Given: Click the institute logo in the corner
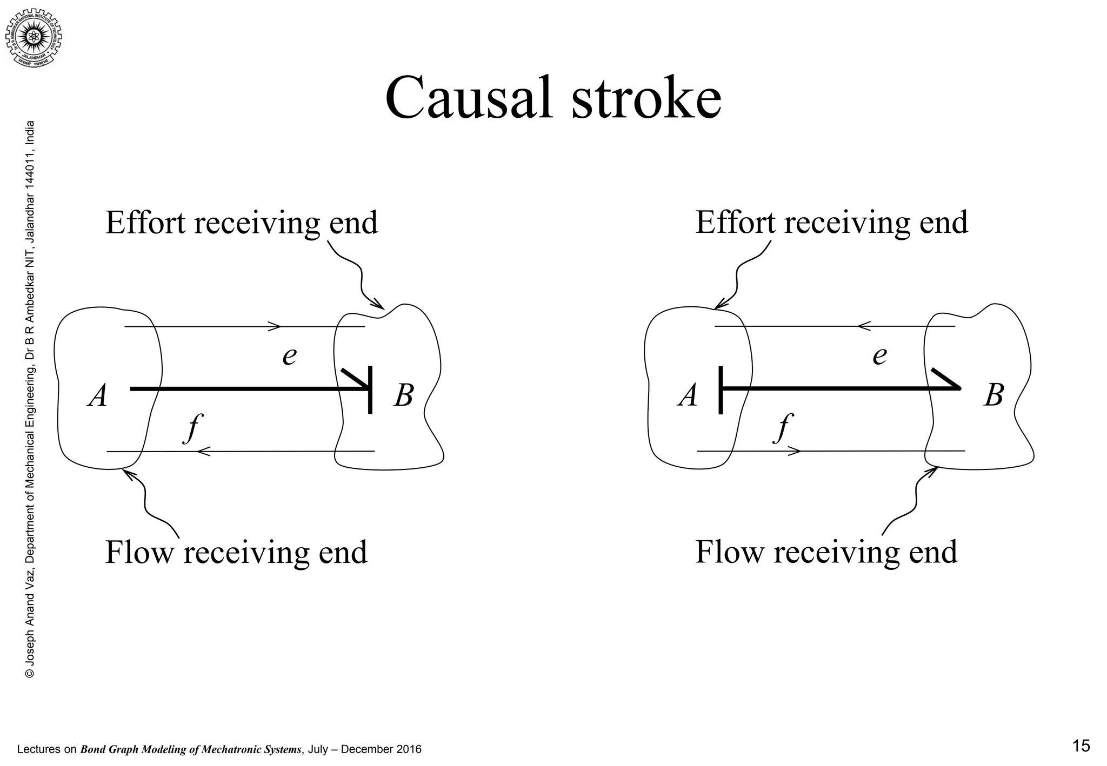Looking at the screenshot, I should tap(34, 37).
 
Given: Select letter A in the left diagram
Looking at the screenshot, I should tap(98, 396).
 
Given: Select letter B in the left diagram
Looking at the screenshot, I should tap(403, 396).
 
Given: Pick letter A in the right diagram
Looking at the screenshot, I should tap(688, 396).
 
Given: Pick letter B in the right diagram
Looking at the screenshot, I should tap(993, 396).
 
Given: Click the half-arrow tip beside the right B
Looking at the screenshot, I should tap(947, 379).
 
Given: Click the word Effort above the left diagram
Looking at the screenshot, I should tap(145, 223).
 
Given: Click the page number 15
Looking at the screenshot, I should tap(1081, 746).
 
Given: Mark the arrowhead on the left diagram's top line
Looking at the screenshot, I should tap(275, 326).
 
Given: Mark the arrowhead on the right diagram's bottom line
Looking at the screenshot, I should tap(795, 451).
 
